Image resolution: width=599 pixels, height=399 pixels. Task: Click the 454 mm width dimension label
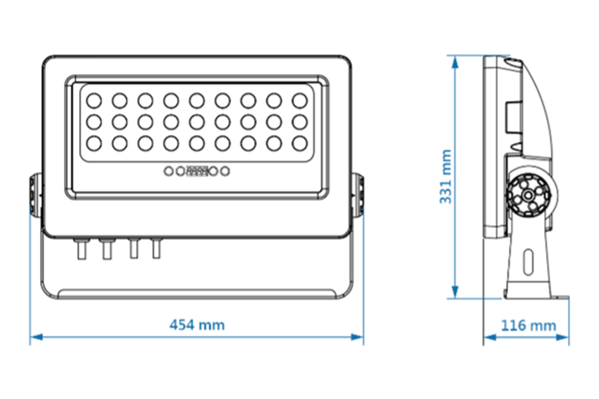click(x=197, y=325)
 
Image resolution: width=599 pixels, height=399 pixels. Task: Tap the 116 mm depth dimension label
click(x=528, y=325)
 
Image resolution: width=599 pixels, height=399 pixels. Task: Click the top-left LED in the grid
click(x=93, y=101)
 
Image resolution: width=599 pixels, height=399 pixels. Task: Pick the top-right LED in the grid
click(x=299, y=101)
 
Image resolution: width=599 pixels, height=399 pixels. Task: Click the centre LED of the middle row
click(x=196, y=121)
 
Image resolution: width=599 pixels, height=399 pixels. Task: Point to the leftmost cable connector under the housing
click(x=80, y=249)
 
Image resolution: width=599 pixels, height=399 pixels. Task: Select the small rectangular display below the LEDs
click(x=197, y=171)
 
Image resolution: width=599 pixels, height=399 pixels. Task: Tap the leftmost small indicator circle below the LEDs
click(x=169, y=171)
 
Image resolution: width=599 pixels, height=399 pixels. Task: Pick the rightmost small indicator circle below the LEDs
click(x=226, y=171)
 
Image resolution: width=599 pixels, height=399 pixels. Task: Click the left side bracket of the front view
click(x=35, y=196)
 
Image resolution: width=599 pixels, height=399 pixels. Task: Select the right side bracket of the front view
click(x=359, y=196)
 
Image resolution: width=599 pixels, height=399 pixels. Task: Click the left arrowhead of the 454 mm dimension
click(x=34, y=338)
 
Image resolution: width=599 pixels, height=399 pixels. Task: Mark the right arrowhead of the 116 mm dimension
click(x=565, y=338)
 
